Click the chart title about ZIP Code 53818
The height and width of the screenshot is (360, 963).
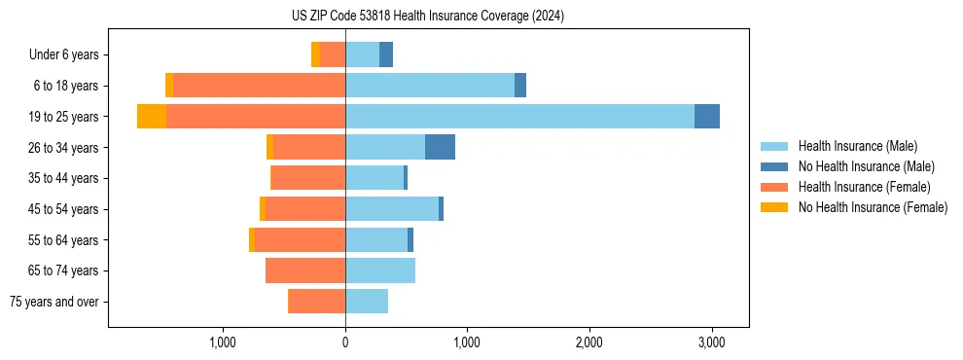coord(427,17)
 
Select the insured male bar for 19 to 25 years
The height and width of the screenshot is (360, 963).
coord(519,117)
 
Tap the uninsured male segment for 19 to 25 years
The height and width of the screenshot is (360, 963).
coord(707,117)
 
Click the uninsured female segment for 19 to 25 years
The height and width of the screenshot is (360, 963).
coord(152,117)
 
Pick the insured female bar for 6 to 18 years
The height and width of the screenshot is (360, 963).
coord(259,86)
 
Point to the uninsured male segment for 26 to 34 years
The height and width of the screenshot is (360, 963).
coord(440,147)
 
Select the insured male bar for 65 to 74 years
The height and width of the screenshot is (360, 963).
coord(380,270)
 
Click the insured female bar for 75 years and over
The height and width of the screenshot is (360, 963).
coord(316,302)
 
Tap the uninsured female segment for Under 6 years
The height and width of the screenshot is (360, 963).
coord(315,54)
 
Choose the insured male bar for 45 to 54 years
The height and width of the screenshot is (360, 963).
coord(392,209)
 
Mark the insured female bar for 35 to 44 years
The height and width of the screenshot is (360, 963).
coord(308,178)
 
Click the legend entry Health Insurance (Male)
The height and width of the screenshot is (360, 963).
coord(857,146)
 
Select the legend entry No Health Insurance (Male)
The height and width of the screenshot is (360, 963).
coord(866,166)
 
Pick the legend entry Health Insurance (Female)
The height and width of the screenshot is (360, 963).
coord(864,187)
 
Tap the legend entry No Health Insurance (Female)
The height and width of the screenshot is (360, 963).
coord(873,207)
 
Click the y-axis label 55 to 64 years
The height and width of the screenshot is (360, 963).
coord(65,240)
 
